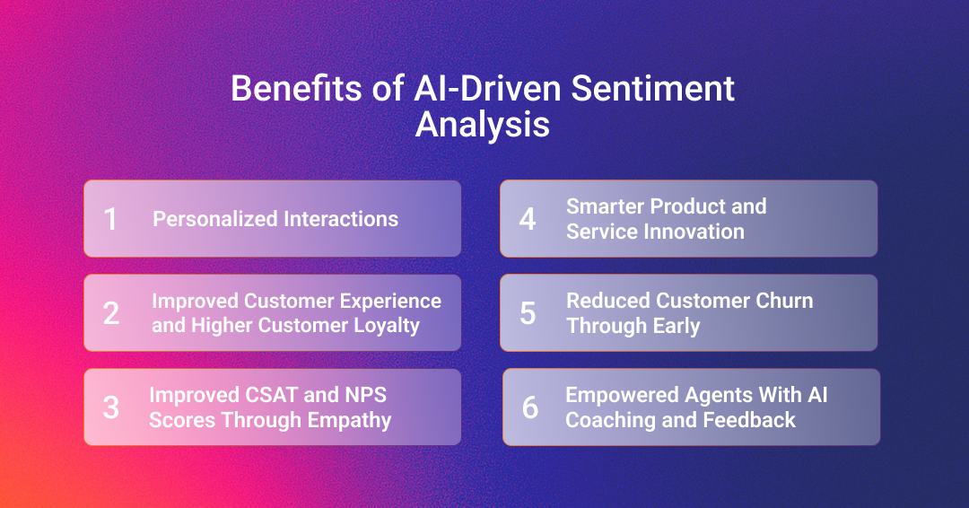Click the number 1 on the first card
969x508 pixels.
(x=110, y=219)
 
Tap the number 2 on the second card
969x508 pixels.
(x=111, y=313)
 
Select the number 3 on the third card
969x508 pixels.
(x=111, y=407)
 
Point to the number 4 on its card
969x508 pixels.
(x=528, y=219)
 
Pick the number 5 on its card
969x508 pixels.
(x=528, y=313)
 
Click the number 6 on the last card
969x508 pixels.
(x=530, y=407)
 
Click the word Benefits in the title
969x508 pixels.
(x=296, y=88)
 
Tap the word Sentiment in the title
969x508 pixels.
(x=652, y=88)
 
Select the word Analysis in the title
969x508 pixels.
(x=483, y=125)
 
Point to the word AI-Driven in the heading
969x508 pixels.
(x=487, y=88)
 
